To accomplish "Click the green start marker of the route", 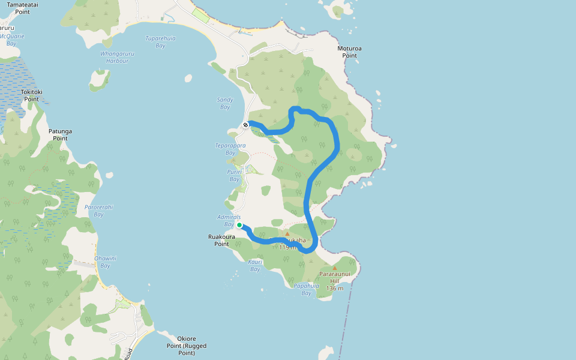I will pyautogui.click(x=239, y=225).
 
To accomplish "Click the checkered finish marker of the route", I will pyautogui.click(x=245, y=125).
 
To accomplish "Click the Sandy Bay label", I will pyautogui.click(x=225, y=103).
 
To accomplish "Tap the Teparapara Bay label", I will pyautogui.click(x=230, y=149).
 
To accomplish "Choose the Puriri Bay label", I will pyautogui.click(x=234, y=175).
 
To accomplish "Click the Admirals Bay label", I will pyautogui.click(x=229, y=220).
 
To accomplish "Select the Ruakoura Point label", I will pyautogui.click(x=221, y=240).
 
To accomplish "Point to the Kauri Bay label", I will pyautogui.click(x=255, y=265).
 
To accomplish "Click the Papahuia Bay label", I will pyautogui.click(x=306, y=289).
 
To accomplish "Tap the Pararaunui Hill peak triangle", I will pyautogui.click(x=335, y=268).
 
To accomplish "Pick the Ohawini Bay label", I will pyautogui.click(x=106, y=262).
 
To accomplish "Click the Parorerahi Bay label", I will pyautogui.click(x=99, y=211).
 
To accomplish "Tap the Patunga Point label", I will pyautogui.click(x=60, y=134).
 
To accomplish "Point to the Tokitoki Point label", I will pyautogui.click(x=32, y=95).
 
